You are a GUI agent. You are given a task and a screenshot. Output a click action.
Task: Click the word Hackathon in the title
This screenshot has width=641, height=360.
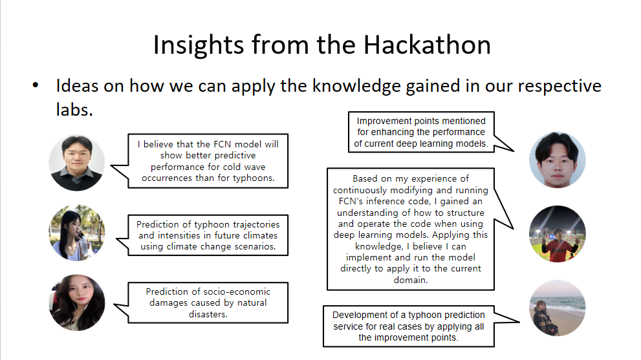(427, 45)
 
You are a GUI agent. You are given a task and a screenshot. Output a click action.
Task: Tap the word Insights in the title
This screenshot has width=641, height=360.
(199, 46)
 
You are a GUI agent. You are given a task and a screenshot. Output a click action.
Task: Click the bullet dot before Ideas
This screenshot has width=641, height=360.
(36, 85)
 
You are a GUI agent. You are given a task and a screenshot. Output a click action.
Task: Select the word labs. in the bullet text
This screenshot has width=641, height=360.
(74, 109)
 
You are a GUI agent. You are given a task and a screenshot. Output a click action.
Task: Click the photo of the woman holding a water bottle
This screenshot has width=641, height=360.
(77, 233)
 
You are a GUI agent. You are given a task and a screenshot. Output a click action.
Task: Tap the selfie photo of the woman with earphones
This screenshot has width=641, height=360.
(77, 302)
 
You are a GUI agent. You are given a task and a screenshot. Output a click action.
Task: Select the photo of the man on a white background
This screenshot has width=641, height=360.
(557, 160)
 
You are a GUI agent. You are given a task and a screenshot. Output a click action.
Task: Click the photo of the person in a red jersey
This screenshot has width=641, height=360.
(557, 234)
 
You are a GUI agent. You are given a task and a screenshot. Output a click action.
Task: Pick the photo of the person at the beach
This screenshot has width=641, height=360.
(557, 308)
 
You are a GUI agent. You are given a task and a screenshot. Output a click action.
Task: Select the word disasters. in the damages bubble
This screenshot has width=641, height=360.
(208, 314)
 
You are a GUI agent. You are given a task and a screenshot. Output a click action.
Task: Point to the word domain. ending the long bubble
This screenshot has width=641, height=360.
(411, 280)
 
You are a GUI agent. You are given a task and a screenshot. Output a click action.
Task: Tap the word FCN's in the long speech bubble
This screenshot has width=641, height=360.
(351, 202)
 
